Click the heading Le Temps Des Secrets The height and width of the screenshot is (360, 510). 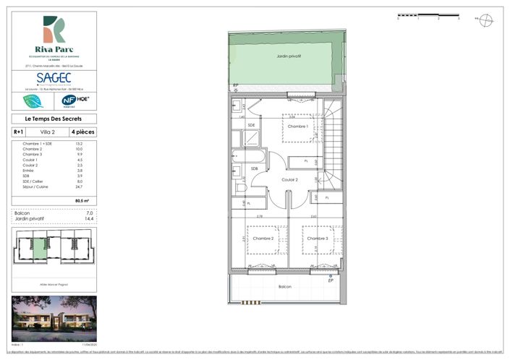coord(54,119)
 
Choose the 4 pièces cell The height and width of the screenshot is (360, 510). coord(82,132)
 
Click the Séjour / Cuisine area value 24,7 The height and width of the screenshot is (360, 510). coord(90,187)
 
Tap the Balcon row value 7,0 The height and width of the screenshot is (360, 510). coord(90,213)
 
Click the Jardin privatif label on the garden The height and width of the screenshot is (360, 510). coord(289,56)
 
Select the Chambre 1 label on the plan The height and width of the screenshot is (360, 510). coord(298,127)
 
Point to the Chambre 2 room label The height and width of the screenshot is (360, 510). coord(263,238)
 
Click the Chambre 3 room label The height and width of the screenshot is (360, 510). coord(316,238)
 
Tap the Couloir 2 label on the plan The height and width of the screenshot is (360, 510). coord(289,180)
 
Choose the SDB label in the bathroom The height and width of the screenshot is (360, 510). coord(254,169)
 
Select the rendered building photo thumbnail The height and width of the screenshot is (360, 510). coord(54,317)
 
